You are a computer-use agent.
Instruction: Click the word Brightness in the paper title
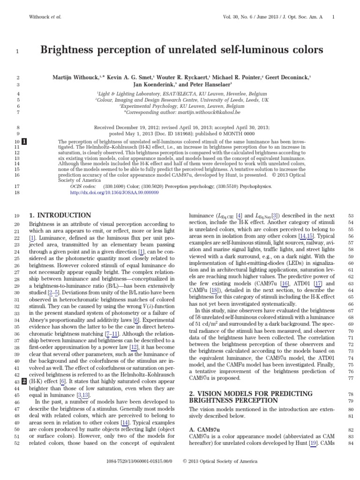70,50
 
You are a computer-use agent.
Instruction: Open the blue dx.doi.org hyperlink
106,192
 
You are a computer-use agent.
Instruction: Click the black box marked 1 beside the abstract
24,141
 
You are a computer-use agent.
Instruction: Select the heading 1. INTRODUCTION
60,215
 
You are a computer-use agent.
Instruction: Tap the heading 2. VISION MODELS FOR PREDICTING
250,393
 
